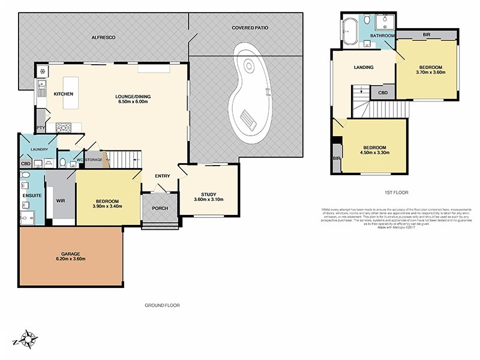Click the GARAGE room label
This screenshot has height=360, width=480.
tap(70, 254)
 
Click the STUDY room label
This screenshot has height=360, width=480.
tap(208, 194)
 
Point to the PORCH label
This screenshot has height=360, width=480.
tap(160, 209)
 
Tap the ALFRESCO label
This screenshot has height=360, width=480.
tap(103, 37)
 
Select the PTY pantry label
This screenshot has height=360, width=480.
tap(41, 128)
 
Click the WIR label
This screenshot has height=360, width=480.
tap(60, 201)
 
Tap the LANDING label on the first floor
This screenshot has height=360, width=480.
tap(364, 67)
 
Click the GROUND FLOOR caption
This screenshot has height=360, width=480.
tap(162, 305)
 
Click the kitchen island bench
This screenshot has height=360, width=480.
tap(70, 94)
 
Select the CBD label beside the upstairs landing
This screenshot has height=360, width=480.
tap(382, 94)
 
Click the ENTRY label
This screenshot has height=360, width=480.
tap(162, 176)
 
